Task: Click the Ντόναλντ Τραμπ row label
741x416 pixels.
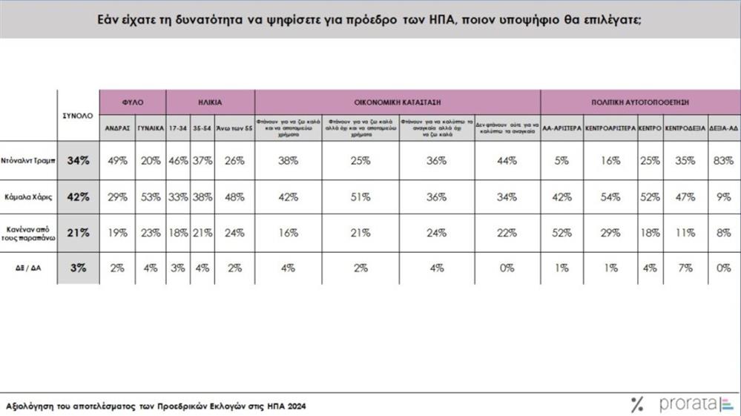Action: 29,161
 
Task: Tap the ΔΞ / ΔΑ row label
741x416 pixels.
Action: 29,267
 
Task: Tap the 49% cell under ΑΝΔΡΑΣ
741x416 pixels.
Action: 117,161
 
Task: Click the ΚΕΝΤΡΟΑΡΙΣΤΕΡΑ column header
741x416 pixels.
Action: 610,128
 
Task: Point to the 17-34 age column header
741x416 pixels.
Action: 178,128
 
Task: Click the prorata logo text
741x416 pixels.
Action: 688,404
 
